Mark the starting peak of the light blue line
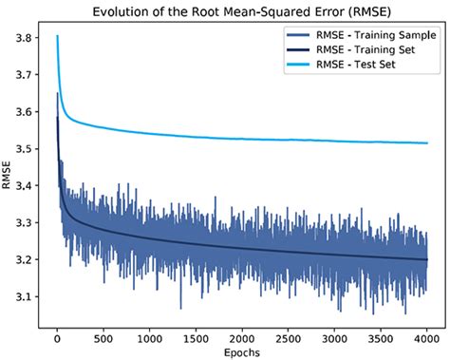point(57,37)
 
